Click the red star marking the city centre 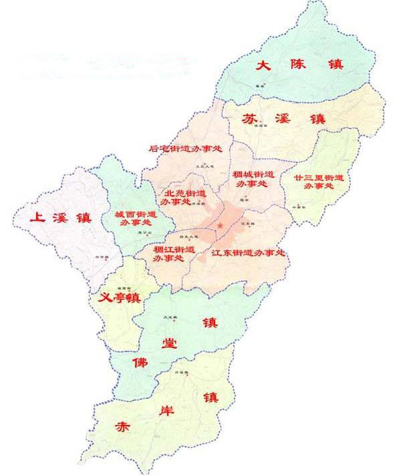pyautogui.click(x=220, y=226)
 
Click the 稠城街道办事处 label pyautogui.click(x=252, y=178)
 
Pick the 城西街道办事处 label pyautogui.click(x=135, y=218)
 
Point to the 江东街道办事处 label pyautogui.click(x=248, y=253)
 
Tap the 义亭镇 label pyautogui.click(x=118, y=298)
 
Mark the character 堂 pyautogui.click(x=170, y=343)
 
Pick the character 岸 pyautogui.click(x=164, y=411)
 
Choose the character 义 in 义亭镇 pyautogui.click(x=104, y=298)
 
